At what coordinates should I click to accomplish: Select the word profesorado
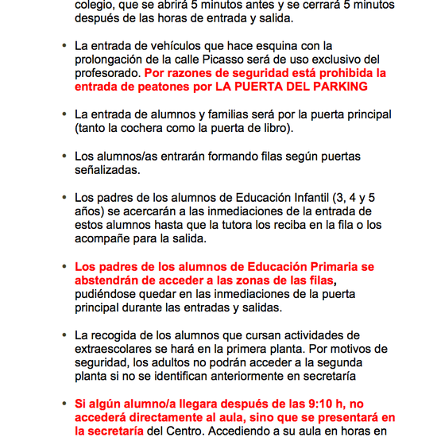click(x=108, y=72)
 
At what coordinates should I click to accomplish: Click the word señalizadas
click(x=106, y=170)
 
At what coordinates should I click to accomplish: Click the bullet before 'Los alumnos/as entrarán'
click(x=64, y=157)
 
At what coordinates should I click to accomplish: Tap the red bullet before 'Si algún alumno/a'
click(x=64, y=404)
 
